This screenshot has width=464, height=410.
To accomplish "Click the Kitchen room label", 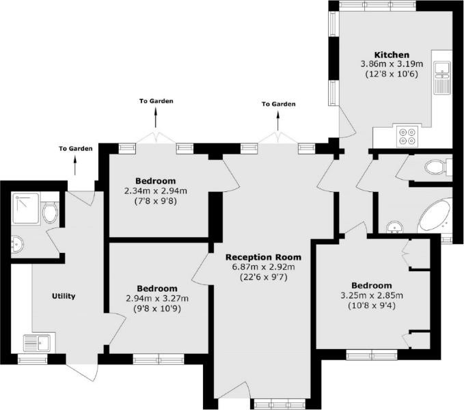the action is pyautogui.click(x=392, y=55).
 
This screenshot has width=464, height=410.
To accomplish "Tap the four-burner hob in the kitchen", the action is pyautogui.click(x=408, y=137).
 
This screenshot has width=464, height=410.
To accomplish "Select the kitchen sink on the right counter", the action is pyautogui.click(x=442, y=78).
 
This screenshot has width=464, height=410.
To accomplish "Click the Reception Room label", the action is pyautogui.click(x=263, y=257).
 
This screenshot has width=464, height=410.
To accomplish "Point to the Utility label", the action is pyautogui.click(x=64, y=296).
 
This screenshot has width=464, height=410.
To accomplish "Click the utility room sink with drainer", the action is pyautogui.click(x=39, y=343).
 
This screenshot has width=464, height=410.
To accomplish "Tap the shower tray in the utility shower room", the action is pyautogui.click(x=25, y=208).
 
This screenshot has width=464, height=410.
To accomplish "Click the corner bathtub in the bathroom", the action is pyautogui.click(x=435, y=216).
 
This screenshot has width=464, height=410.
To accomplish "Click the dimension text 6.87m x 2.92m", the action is pyautogui.click(x=263, y=267).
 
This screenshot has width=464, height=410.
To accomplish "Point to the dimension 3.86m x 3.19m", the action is pyautogui.click(x=392, y=64).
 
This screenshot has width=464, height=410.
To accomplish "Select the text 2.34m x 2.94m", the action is pyautogui.click(x=156, y=191).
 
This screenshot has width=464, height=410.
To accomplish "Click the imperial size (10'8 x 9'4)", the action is pyautogui.click(x=372, y=305).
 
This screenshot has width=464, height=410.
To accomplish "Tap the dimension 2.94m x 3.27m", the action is pyautogui.click(x=157, y=299).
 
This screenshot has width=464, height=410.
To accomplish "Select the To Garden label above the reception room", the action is pyautogui.click(x=278, y=104).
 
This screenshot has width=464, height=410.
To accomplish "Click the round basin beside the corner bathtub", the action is pyautogui.click(x=394, y=228).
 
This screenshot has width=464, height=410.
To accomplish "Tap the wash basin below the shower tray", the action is pyautogui.click(x=17, y=245).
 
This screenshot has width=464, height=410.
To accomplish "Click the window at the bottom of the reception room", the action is pyautogui.click(x=279, y=403).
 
